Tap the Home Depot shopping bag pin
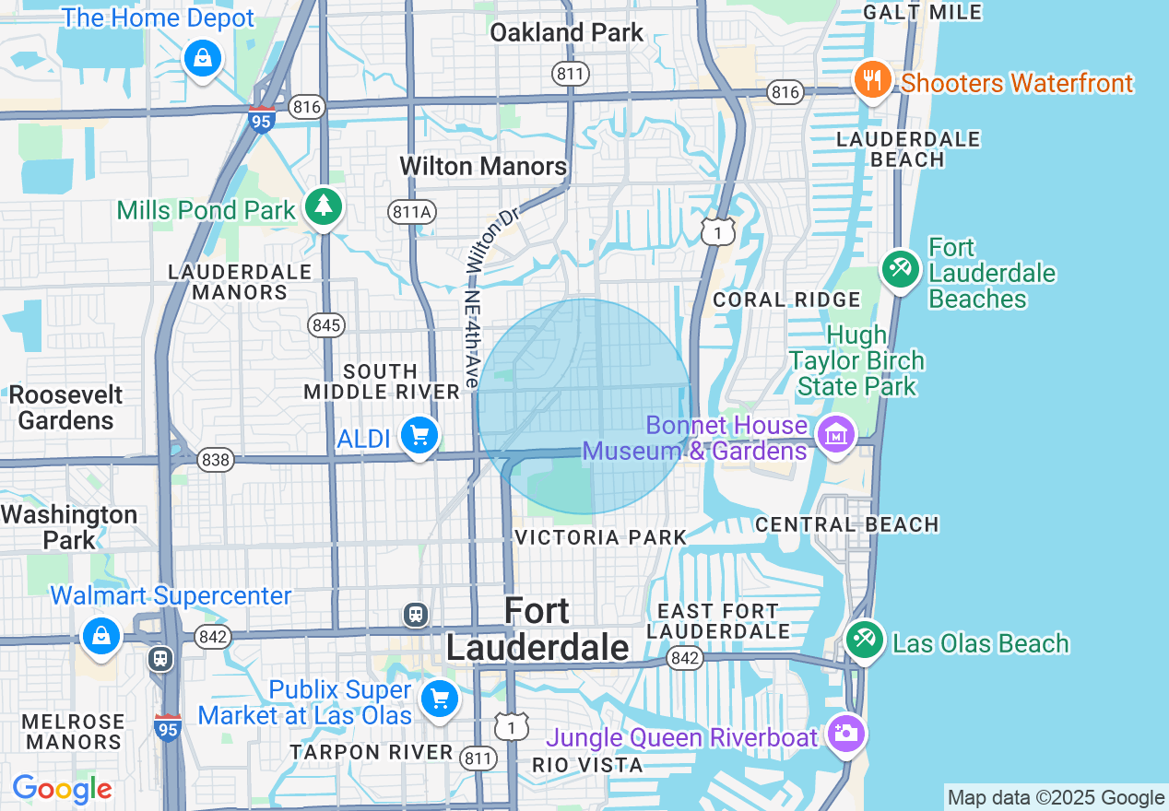201,60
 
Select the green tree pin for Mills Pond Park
323,206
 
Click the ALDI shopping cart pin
419,436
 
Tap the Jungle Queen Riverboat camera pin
845,735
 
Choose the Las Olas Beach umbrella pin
864,641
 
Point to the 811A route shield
411,212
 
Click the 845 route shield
326,324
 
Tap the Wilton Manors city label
483,167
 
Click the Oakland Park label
566,32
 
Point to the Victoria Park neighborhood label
600,537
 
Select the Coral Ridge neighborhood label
786,300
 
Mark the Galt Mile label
922,12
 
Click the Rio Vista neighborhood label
587,765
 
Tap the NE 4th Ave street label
472,339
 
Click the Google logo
62,790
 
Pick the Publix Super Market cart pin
439,699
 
